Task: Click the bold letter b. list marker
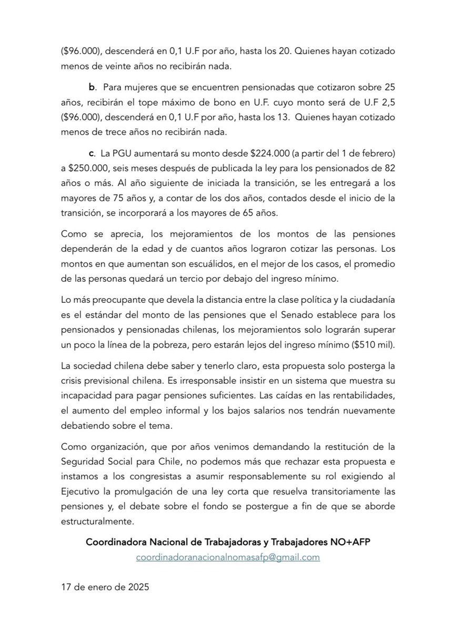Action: pos(92,86)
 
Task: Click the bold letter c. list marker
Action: pos(91,153)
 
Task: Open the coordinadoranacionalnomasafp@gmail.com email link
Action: pos(227,557)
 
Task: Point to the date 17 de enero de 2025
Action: pos(105,588)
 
